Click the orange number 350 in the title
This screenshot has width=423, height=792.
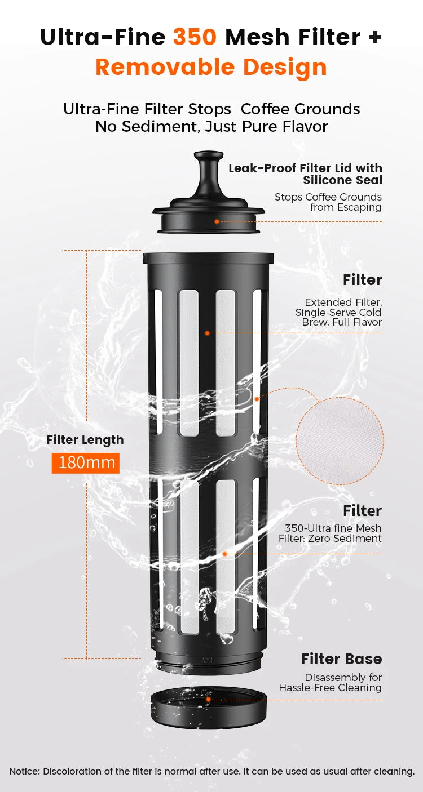tap(195, 37)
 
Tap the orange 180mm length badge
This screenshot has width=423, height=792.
tap(86, 463)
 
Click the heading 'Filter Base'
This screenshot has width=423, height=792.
tap(342, 658)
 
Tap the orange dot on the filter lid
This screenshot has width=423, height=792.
tap(217, 221)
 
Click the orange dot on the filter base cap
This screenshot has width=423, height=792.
tap(208, 699)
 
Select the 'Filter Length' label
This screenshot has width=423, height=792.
tap(85, 440)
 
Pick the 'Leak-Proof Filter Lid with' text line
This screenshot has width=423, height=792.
tap(306, 168)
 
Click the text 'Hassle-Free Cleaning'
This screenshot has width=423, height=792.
tap(331, 687)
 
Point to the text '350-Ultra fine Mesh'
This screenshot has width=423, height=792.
tap(333, 528)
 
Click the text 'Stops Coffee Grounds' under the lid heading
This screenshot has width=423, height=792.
tap(328, 197)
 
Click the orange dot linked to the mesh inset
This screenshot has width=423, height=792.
tap(257, 399)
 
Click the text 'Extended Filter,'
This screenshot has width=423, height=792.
tap(343, 302)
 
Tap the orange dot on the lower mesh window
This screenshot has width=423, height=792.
tap(224, 554)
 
